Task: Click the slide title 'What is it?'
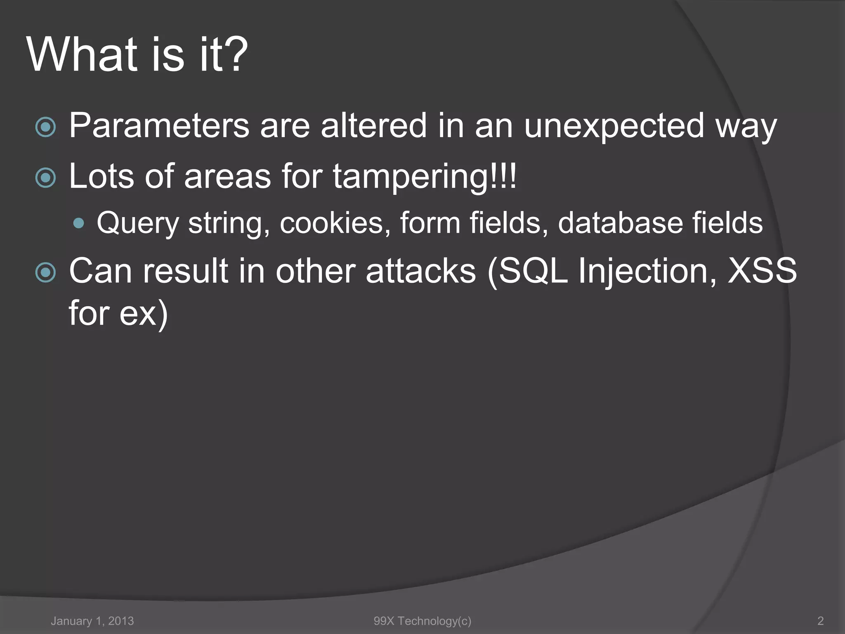(x=137, y=54)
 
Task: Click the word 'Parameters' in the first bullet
(x=159, y=125)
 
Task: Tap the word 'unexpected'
(x=614, y=126)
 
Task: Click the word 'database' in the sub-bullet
(x=620, y=223)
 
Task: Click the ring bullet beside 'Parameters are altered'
(x=45, y=127)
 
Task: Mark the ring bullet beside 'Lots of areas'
(x=45, y=178)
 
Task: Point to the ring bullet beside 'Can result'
(x=45, y=273)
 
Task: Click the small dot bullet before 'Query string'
(x=78, y=224)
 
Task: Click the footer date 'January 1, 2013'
(x=92, y=621)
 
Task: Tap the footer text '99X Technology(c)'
(x=422, y=621)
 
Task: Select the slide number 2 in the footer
(x=820, y=621)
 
